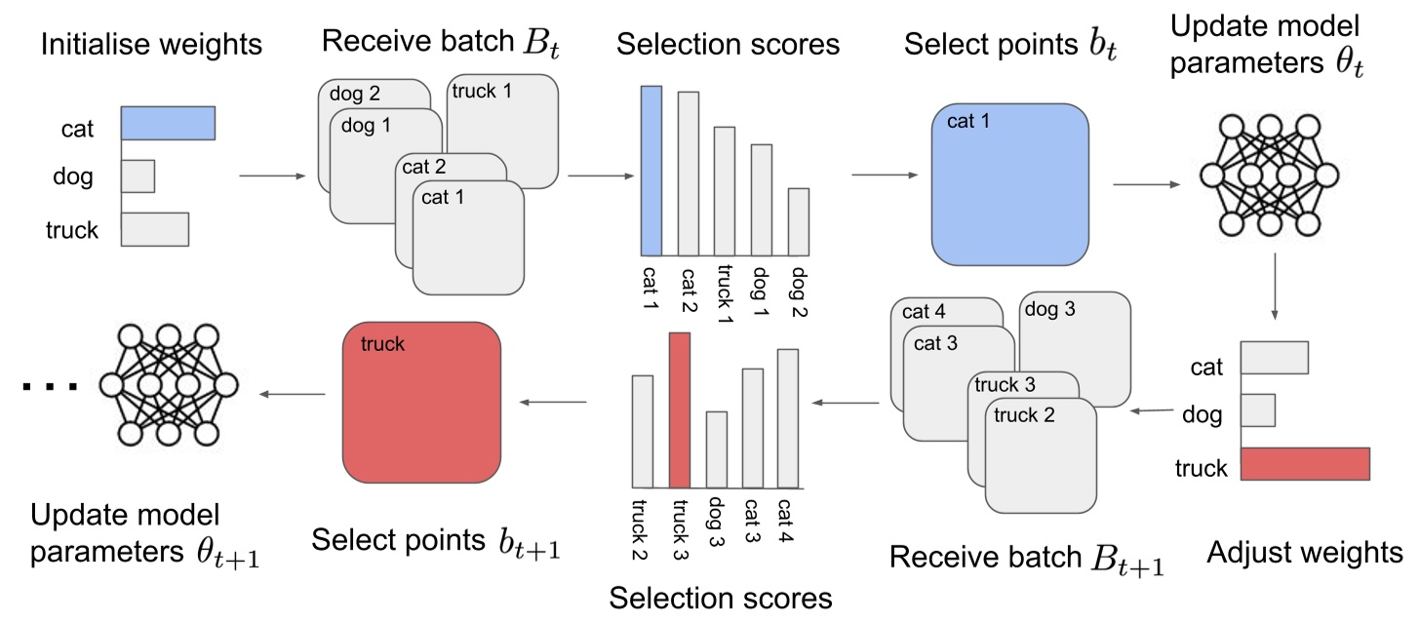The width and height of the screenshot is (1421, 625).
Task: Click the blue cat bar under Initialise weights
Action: pyautogui.click(x=168, y=124)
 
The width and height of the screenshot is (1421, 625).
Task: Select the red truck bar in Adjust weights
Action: pyautogui.click(x=1305, y=464)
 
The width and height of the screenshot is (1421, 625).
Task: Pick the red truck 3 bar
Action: pyautogui.click(x=680, y=410)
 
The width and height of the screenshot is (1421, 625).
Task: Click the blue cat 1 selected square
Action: pyautogui.click(x=1009, y=183)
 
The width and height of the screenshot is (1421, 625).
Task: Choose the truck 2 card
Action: pyautogui.click(x=1042, y=458)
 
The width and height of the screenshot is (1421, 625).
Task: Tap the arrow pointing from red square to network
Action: pyautogui.click(x=293, y=394)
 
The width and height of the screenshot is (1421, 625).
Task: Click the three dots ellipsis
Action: pyautogui.click(x=50, y=388)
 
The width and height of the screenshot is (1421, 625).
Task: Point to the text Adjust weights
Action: pyautogui.click(x=1305, y=553)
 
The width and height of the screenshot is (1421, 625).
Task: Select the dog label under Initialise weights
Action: pyautogui.click(x=73, y=176)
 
